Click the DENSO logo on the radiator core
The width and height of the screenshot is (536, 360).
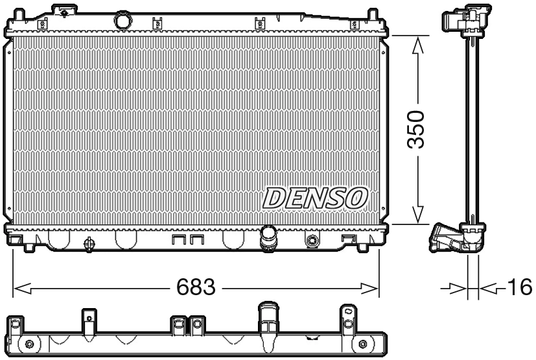pyautogui.click(x=316, y=198)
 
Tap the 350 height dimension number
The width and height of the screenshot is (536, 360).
pyautogui.click(x=418, y=129)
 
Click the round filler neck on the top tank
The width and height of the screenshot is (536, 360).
pyautogui.click(x=122, y=21)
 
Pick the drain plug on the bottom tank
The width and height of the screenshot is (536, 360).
pyautogui.click(x=90, y=244)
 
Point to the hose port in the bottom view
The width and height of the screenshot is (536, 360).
pyautogui.click(x=267, y=318)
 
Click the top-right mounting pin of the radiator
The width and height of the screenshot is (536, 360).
pyautogui.click(x=373, y=14)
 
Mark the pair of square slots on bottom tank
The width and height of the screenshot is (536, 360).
pyautogui.click(x=188, y=240)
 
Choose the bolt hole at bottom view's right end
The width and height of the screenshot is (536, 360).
pyautogui.click(x=362, y=344)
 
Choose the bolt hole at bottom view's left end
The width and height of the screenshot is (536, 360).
pyautogui.click(x=29, y=344)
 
